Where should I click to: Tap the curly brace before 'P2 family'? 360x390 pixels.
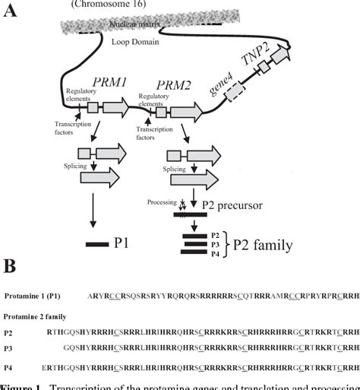tap(226, 243)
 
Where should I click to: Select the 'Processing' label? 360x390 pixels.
tap(161, 203)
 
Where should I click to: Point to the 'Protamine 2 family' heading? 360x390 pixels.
tap(33, 315)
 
